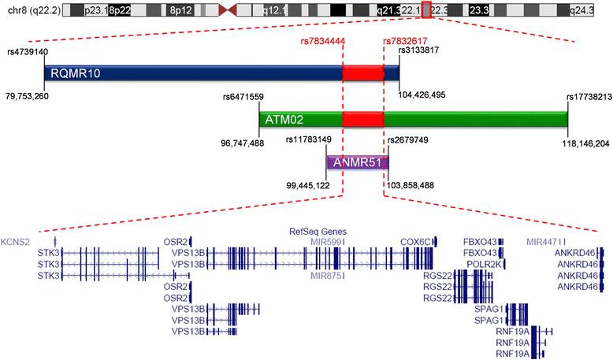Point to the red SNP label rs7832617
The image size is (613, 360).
point(405,42)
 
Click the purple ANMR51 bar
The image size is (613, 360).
point(358,162)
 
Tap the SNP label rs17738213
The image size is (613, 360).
point(589,97)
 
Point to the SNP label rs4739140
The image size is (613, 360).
point(28,51)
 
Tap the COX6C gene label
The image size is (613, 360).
point(414,242)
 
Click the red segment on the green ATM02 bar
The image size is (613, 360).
point(362,120)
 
